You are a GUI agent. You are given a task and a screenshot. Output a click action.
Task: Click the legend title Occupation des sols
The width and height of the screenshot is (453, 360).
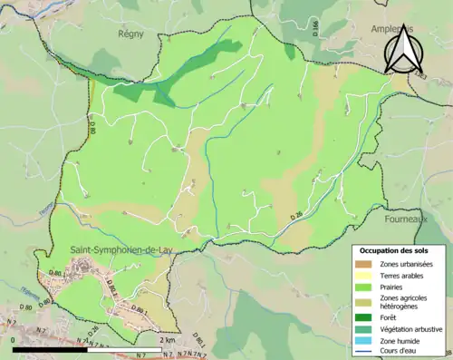(397, 249)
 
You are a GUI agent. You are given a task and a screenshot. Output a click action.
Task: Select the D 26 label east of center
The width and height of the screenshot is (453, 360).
(296, 215)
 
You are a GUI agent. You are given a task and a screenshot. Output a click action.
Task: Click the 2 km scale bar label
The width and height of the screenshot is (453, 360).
(167, 339)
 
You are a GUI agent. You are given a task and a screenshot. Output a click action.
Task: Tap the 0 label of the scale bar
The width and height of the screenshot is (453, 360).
(14, 339)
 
